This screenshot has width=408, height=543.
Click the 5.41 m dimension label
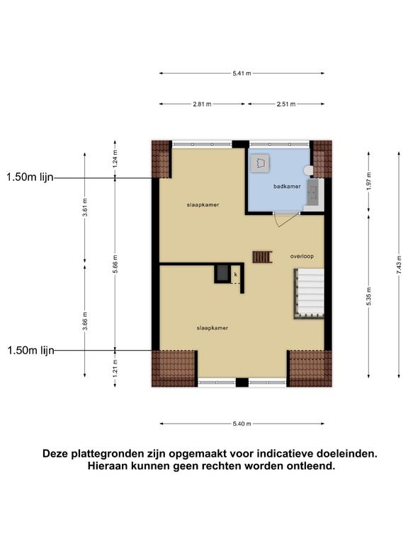(242, 74)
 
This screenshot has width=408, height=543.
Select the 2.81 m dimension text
(202, 104)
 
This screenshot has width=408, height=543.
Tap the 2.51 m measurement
(286, 104)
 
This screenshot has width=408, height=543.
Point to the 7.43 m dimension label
(399, 264)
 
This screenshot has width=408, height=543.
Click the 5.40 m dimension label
(242, 424)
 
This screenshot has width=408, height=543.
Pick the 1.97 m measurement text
(369, 181)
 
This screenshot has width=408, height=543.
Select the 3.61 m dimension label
(85, 207)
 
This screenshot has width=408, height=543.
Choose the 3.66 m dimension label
(85, 321)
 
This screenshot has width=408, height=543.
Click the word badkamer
(287, 187)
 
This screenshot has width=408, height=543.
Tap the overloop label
(302, 256)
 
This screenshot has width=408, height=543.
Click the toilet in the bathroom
(308, 170)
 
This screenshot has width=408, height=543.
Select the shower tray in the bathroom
(260, 163)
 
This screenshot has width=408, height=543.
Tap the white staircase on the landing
(309, 293)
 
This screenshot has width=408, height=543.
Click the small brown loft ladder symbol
(262, 257)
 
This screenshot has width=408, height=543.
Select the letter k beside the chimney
(236, 274)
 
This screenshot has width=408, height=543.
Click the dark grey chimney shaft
(222, 274)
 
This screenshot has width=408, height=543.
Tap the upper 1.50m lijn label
(30, 177)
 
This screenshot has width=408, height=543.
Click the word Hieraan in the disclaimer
(108, 466)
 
